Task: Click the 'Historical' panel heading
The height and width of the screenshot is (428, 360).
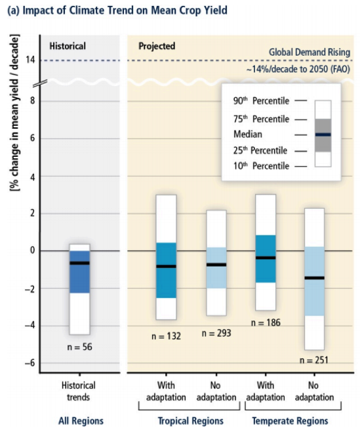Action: [68, 46]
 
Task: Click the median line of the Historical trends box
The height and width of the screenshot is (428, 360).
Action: [79, 263]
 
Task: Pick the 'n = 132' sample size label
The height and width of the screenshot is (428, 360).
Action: [165, 336]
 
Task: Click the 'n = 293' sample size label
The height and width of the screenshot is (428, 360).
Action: [216, 333]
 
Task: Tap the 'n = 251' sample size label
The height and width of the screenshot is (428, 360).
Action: [314, 359]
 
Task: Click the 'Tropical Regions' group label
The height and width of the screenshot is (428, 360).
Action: [190, 421]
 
